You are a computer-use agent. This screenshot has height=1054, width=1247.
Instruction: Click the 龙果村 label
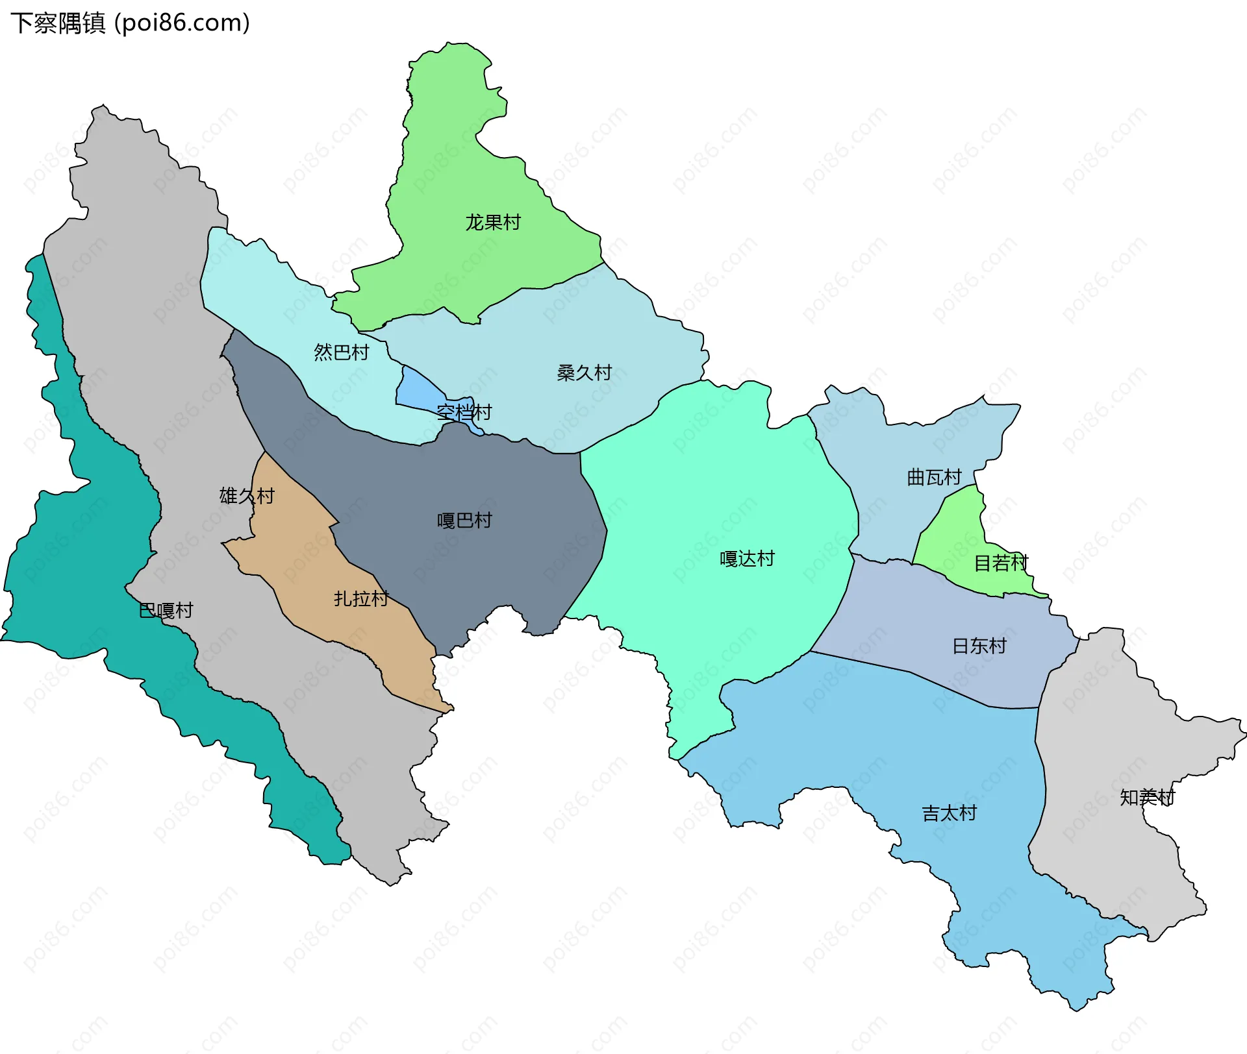(x=493, y=223)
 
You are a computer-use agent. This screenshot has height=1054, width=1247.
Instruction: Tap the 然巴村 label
(x=342, y=352)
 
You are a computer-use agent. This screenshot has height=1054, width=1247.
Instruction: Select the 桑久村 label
(x=585, y=373)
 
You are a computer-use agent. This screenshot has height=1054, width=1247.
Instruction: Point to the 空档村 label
(x=464, y=412)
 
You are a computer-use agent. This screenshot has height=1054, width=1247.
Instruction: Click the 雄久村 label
(x=247, y=496)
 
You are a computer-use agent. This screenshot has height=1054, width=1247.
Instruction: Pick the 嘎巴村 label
(x=464, y=521)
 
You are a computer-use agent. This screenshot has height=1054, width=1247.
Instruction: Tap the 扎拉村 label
(x=361, y=598)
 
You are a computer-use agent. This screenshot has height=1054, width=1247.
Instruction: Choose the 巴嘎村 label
(x=166, y=611)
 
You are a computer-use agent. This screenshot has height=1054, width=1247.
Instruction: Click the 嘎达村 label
(x=747, y=559)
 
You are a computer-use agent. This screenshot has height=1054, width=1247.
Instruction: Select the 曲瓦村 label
(x=934, y=478)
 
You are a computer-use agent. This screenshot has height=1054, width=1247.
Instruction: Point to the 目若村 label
(x=1001, y=563)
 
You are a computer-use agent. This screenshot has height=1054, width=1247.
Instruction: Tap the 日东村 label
(x=979, y=646)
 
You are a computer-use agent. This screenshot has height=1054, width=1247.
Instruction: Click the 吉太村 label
(x=950, y=813)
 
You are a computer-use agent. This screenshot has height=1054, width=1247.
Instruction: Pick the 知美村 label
(x=1148, y=797)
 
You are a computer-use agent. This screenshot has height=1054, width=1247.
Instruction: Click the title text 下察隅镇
(x=58, y=23)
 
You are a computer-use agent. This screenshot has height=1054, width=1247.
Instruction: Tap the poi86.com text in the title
(x=183, y=23)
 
